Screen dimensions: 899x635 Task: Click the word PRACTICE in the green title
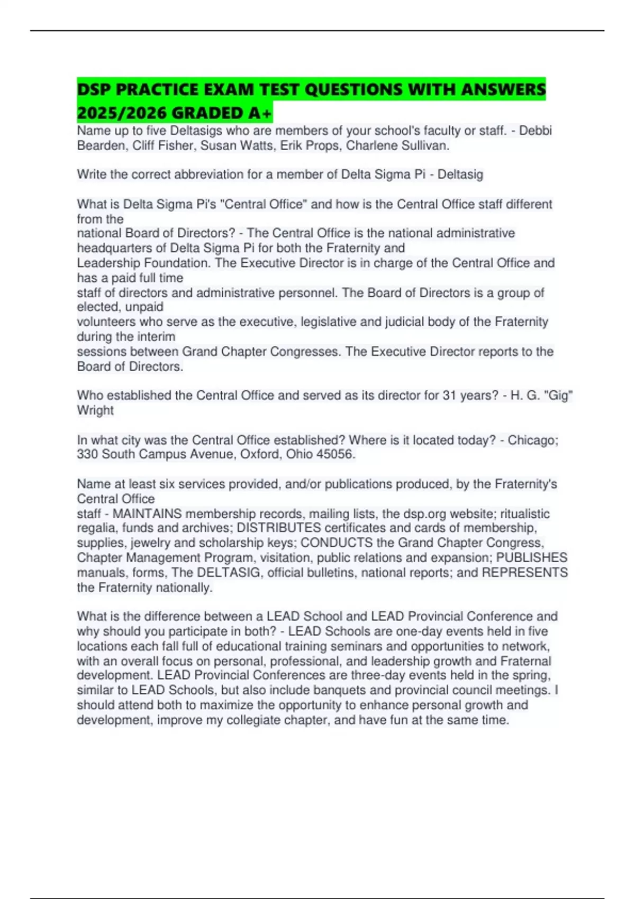pyautogui.click(x=157, y=89)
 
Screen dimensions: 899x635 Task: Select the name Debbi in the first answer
pyautogui.click(x=536, y=131)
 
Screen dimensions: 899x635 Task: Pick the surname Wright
pyautogui.click(x=95, y=410)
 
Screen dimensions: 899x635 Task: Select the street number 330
pyautogui.click(x=87, y=454)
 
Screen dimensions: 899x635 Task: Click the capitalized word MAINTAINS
pyautogui.click(x=147, y=513)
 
